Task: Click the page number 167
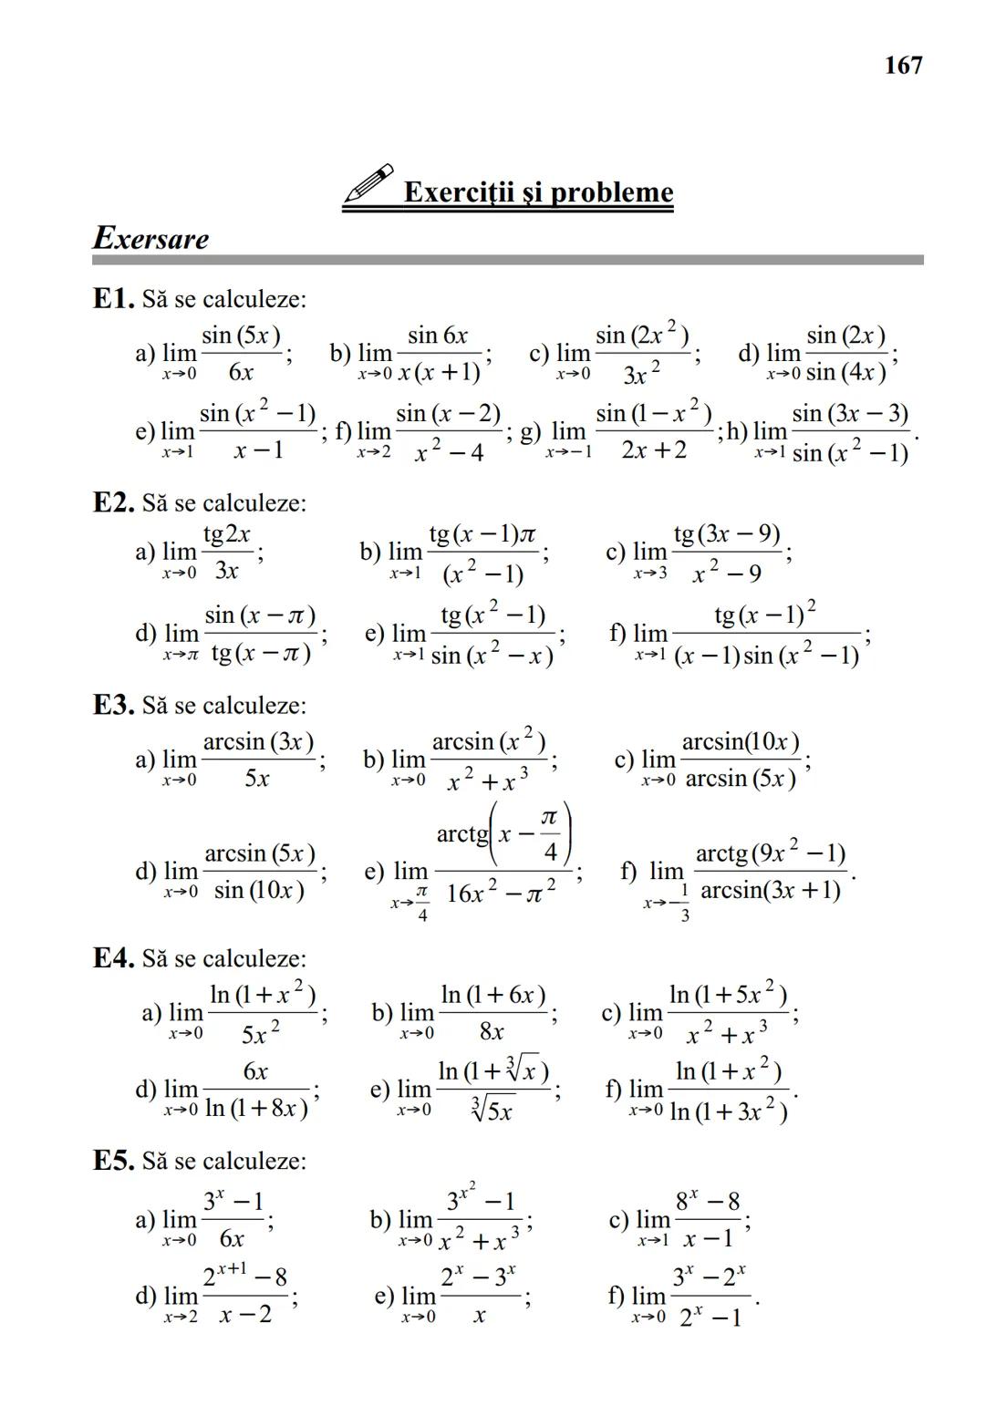point(903,66)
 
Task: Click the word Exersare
point(151,239)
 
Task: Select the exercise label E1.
point(114,298)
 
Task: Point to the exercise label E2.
point(114,502)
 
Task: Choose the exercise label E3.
point(114,705)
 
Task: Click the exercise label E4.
point(114,958)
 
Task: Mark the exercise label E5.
point(114,1161)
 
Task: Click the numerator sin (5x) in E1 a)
point(241,336)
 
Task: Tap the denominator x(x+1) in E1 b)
point(439,372)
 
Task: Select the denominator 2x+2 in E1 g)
point(653,450)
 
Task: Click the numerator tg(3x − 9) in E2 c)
point(726,533)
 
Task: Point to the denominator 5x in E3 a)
point(257,779)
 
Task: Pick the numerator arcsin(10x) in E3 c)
point(741,741)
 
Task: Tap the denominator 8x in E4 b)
point(492,1031)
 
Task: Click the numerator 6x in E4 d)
point(255,1071)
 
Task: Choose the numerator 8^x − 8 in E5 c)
point(708,1202)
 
